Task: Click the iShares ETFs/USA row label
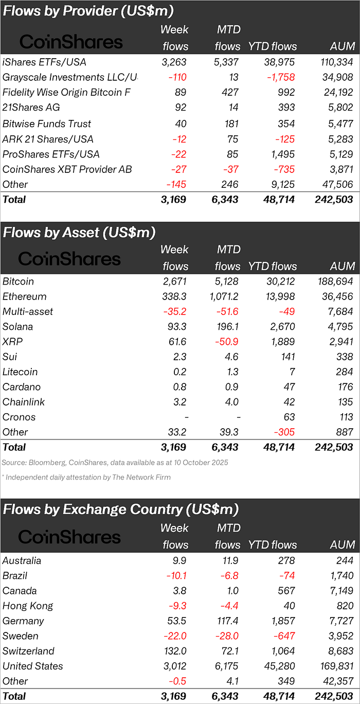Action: tap(44, 62)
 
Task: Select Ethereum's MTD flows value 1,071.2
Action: tap(222, 296)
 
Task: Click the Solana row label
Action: tap(17, 327)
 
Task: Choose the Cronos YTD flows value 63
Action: tap(290, 417)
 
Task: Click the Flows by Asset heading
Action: tap(79, 232)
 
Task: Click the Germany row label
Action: tap(23, 621)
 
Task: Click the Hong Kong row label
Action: tap(28, 606)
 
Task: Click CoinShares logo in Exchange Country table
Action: tap(69, 537)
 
